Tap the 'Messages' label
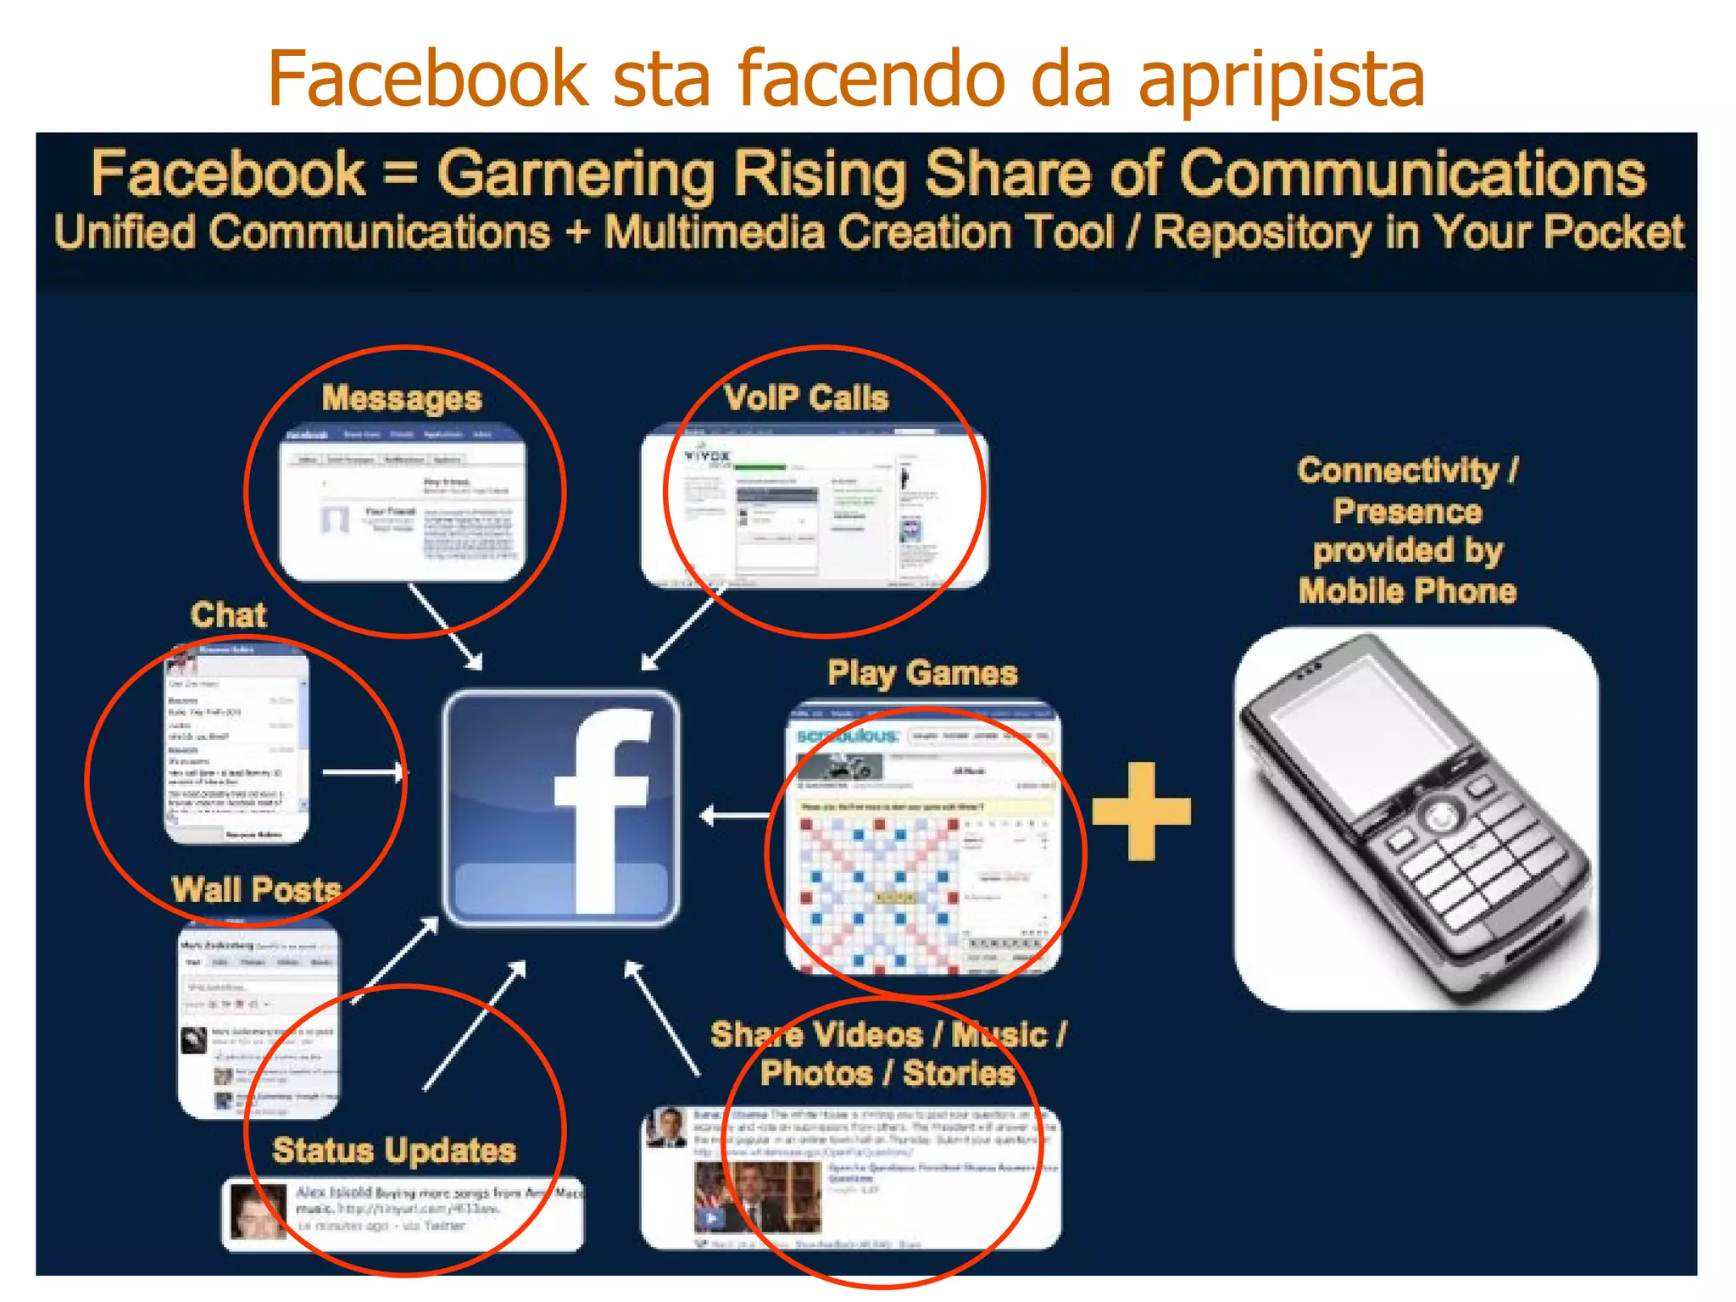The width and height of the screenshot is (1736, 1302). [402, 398]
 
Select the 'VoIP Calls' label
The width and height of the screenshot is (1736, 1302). [806, 398]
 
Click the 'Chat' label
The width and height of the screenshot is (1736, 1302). [228, 615]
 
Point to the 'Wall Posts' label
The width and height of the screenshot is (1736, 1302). [256, 889]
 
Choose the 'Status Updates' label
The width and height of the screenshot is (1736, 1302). [394, 1150]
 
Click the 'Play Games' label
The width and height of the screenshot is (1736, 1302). [922, 673]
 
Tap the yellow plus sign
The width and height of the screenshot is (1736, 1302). [1141, 810]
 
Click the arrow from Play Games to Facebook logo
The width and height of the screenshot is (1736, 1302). [734, 815]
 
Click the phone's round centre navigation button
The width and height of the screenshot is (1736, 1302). [1440, 817]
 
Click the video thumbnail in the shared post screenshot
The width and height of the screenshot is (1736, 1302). [757, 1197]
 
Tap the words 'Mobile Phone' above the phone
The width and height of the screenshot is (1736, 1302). [1407, 591]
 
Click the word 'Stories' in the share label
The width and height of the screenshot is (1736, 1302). [959, 1073]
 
